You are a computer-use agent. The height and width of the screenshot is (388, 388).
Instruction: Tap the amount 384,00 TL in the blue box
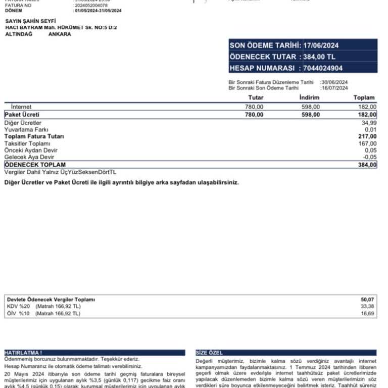click(319, 57)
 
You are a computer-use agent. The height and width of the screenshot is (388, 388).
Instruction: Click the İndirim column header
click(309, 98)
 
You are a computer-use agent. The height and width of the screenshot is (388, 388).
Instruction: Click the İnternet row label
click(21, 107)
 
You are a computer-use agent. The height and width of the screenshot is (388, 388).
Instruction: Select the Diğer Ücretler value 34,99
click(369, 123)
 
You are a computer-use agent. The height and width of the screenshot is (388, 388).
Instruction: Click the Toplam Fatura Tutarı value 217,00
click(367, 136)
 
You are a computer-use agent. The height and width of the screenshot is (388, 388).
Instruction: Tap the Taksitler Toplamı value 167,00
click(367, 143)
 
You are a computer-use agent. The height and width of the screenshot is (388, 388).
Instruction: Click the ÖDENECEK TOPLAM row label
click(35, 165)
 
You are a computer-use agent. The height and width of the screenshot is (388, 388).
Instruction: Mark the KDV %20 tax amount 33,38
click(367, 306)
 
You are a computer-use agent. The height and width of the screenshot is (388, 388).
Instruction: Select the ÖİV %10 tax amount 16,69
click(367, 314)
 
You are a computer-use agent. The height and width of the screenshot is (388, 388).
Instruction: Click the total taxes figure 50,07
click(367, 300)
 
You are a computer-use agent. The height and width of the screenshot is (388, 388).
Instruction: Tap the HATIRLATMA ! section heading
click(23, 352)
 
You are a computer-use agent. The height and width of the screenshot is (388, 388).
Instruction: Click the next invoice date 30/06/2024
click(334, 82)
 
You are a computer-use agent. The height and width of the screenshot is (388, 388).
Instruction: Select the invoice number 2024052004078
click(90, 5)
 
